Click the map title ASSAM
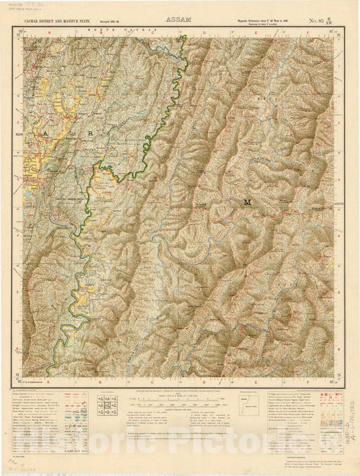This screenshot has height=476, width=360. [x=179, y=21]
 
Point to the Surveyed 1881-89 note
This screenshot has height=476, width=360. [x=113, y=22]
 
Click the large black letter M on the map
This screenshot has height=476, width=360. [x=248, y=201]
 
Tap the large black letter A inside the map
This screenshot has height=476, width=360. [x=45, y=134]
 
